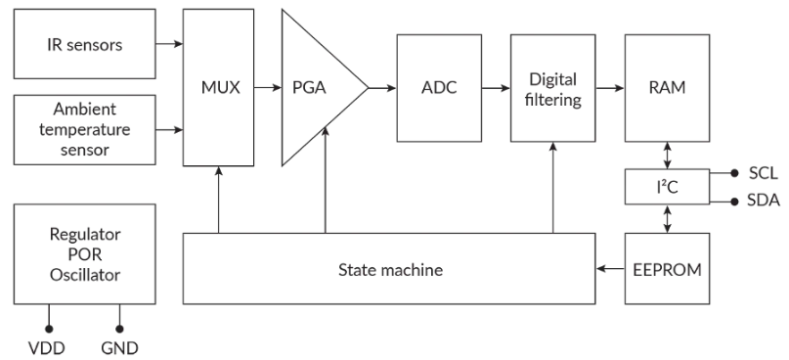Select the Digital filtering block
552,88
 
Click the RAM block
667,88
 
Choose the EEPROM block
667,269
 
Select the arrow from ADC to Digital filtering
495,88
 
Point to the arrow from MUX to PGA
266,88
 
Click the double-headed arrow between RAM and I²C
667,155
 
